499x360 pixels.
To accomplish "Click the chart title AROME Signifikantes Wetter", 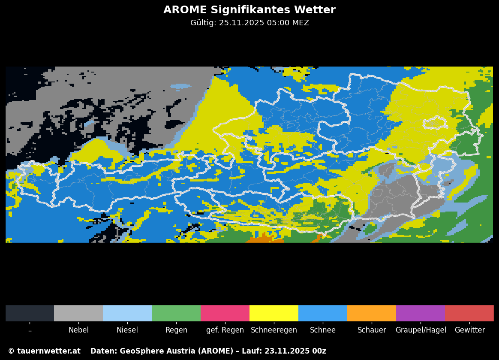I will [249, 10].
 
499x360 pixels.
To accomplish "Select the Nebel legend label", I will [78, 330].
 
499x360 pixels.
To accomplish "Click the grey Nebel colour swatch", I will [78, 313].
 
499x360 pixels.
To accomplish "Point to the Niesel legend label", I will [127, 330].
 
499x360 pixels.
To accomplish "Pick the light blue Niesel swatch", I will [127, 313].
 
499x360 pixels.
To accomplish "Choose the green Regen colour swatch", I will [176, 313].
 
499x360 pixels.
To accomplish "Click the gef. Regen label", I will [225, 330].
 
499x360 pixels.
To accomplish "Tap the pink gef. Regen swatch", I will [225, 313].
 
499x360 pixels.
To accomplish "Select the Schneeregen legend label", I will [274, 330].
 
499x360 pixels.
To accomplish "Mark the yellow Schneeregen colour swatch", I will [274, 313].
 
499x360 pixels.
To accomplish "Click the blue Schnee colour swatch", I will [323, 313].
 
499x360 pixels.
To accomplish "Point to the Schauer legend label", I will [372, 330].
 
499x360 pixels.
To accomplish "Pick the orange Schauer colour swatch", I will [372, 313].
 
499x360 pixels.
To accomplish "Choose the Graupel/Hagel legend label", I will [421, 330].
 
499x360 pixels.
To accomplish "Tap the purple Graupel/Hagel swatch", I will [421, 313].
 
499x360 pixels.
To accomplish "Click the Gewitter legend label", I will [469, 330].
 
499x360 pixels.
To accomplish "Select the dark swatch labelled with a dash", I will [30, 313].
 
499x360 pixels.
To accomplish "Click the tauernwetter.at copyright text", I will [44, 351].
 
